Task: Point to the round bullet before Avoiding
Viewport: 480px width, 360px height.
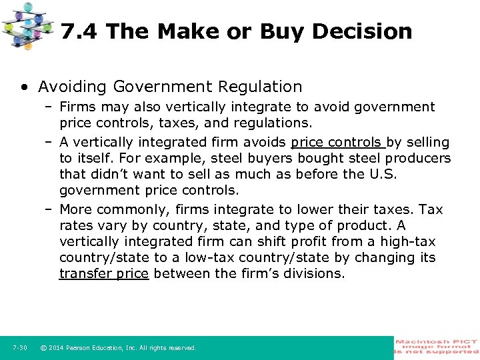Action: [x=24, y=87]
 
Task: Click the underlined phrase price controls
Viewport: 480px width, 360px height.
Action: [x=337, y=142]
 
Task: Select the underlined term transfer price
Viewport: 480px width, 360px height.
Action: [x=104, y=273]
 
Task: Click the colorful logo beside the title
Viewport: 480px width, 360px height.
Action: [x=28, y=25]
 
